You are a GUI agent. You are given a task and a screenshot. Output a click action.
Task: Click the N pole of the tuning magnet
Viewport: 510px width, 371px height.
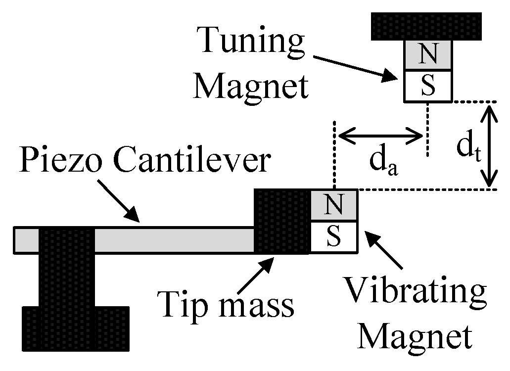(x=428, y=55)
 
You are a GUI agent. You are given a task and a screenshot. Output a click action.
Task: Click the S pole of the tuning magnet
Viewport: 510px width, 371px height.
(x=428, y=86)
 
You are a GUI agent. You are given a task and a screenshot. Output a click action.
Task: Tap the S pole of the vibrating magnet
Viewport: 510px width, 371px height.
(x=334, y=237)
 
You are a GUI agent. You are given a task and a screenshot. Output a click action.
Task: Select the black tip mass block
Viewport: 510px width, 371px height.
(x=281, y=221)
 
